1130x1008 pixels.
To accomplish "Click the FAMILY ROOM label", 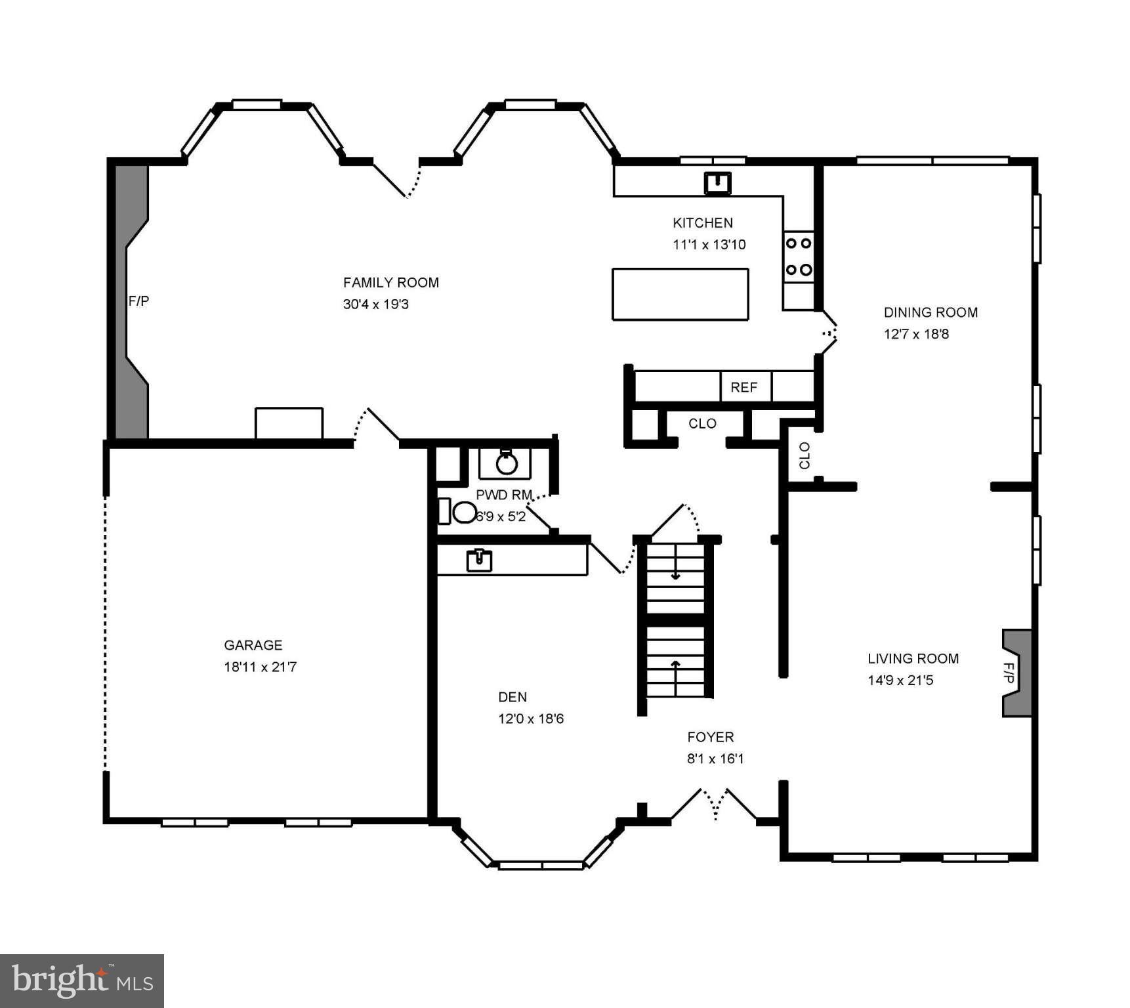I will pos(390,282).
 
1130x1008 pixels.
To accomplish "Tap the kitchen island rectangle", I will pos(680,294).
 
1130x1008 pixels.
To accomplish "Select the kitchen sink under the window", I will pos(717,183).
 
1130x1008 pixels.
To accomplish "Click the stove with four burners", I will pos(799,257).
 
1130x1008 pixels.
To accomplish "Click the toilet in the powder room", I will pos(463,512).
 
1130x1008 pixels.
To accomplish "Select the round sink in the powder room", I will pos(507,463).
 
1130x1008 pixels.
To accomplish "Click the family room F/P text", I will pos(138,301).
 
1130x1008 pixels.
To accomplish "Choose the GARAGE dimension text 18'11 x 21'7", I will pos(260,667).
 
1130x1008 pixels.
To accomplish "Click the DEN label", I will pos(512,697).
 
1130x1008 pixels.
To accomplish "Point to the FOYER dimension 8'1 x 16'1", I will pos(715,759).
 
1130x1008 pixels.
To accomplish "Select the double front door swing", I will pos(715,805).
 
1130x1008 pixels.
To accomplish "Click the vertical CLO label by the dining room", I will pos(805,455).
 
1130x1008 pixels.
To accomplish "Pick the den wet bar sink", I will pos(479,561).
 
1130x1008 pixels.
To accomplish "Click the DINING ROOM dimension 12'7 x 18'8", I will pos(916,334).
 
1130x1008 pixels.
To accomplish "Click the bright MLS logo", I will pos(81,980).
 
